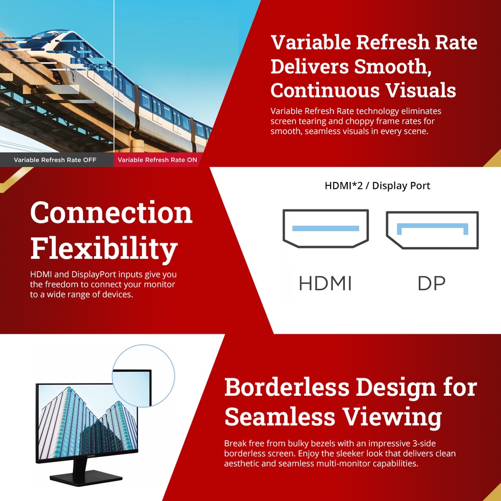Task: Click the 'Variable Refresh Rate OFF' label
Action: [55, 160]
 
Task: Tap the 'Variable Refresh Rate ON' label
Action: [157, 160]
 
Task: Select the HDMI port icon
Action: [325, 228]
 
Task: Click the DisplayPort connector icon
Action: [433, 230]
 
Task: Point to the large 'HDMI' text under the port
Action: [325, 283]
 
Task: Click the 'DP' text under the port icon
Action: [432, 283]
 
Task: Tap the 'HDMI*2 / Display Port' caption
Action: [377, 185]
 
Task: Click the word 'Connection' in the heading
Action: [111, 212]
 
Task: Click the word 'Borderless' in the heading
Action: [287, 387]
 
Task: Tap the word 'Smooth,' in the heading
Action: [392, 67]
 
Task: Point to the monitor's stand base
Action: [86, 478]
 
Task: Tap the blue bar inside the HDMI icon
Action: [325, 228]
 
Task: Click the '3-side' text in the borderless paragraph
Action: [424, 443]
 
